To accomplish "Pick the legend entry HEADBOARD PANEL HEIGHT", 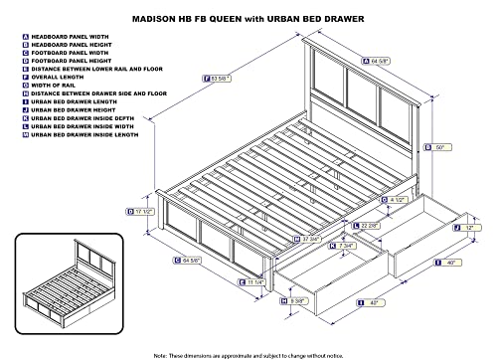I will (76, 45).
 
